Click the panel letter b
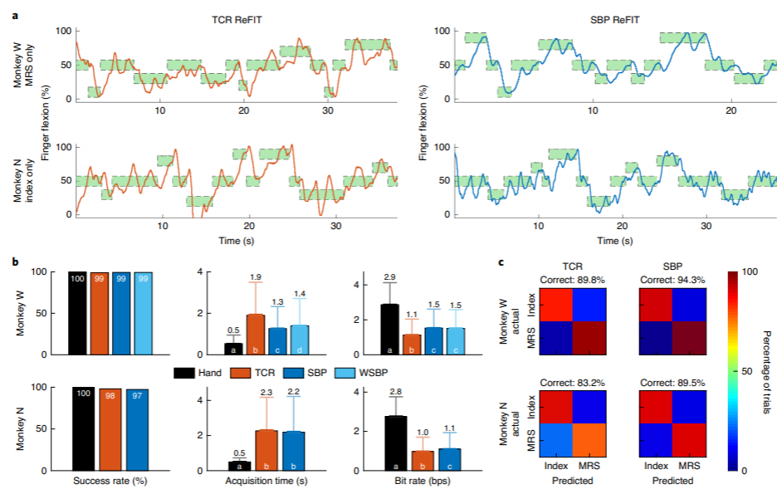coord(15,262)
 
